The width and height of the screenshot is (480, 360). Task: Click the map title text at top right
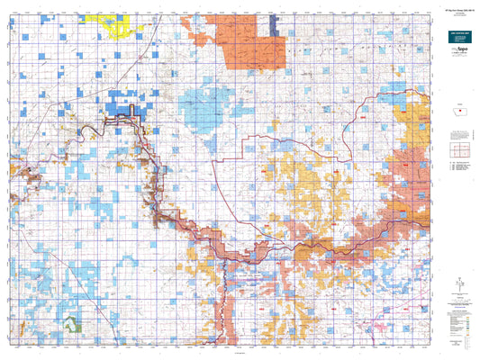(456, 10)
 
